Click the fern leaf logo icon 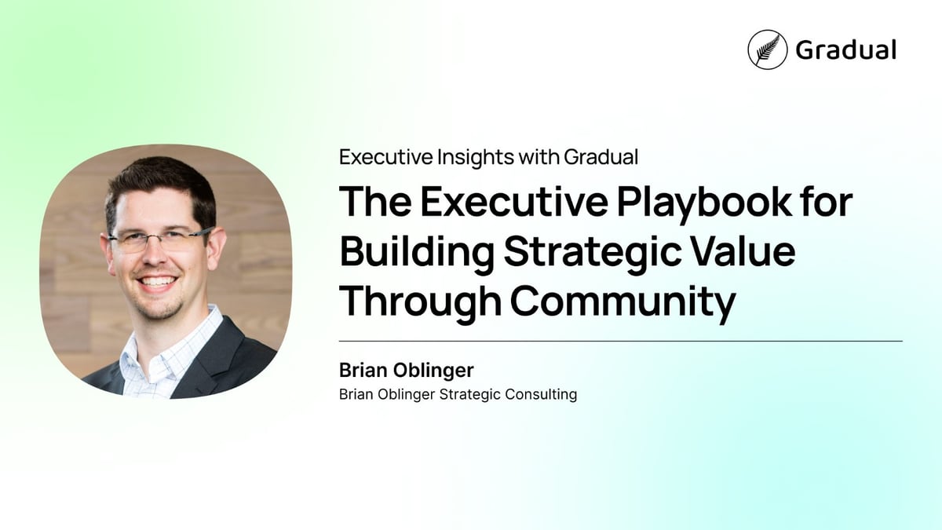pyautogui.click(x=767, y=49)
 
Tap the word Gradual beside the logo pyautogui.click(x=845, y=50)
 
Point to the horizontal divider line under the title pyautogui.click(x=620, y=342)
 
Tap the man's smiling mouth pyautogui.click(x=159, y=283)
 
